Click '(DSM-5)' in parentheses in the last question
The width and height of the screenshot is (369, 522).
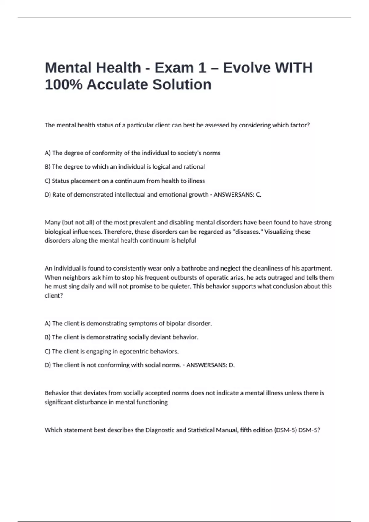click(285, 430)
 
